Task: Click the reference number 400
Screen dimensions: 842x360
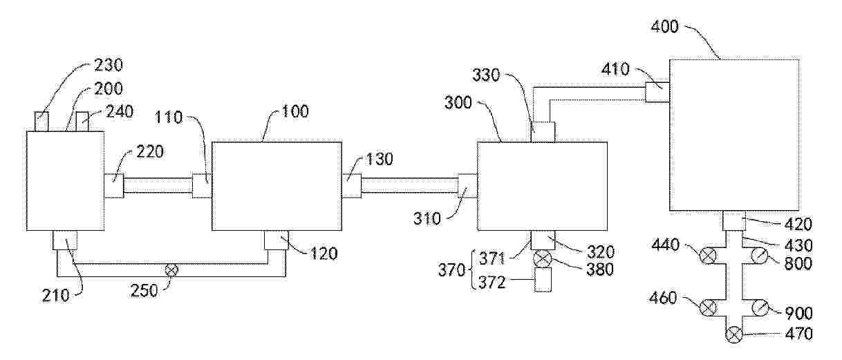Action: [664, 27]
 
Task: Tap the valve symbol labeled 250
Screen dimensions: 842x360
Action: [171, 270]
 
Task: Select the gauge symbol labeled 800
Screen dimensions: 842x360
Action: [759, 256]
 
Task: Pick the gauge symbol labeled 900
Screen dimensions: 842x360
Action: [760, 307]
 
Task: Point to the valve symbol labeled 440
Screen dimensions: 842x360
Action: [708, 256]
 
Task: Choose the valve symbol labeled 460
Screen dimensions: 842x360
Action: [708, 307]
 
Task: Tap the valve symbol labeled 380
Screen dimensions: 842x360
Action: [543, 259]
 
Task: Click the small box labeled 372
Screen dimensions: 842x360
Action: [543, 280]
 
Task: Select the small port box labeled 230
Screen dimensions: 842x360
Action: [41, 121]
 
